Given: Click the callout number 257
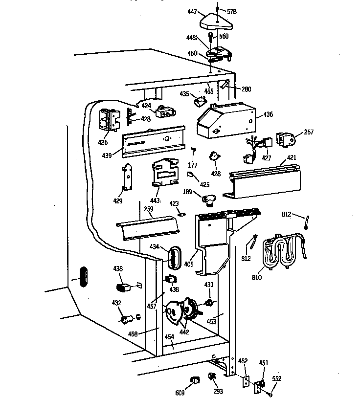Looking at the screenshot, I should tap(309, 132).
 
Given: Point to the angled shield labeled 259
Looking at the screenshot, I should tap(147, 227).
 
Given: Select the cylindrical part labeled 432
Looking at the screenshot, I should tap(126, 320).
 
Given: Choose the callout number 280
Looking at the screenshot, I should tap(246, 88).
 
